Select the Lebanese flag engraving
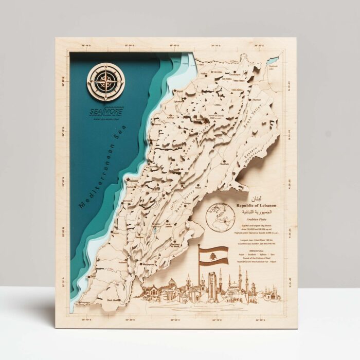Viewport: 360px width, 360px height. coord(213,255)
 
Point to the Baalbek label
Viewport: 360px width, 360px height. coord(224,165)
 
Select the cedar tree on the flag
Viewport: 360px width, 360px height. coord(213,255)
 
